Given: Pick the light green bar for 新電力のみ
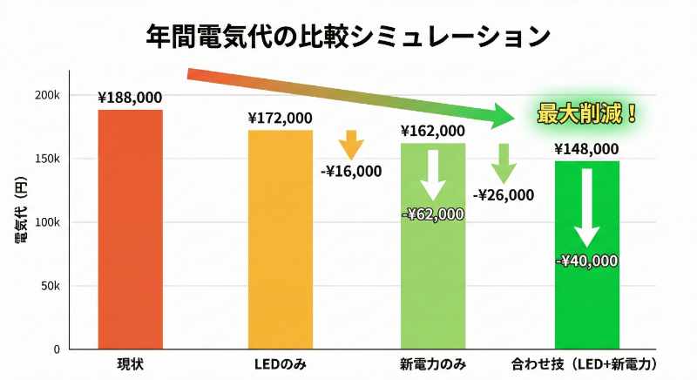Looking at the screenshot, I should click(433, 261).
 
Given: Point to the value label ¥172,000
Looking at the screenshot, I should click(280, 118).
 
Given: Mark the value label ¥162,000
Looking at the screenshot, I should click(433, 131).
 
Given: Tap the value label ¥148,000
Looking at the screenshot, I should click(586, 149).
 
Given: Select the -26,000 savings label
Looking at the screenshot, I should click(504, 195).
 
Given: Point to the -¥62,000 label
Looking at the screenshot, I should click(433, 214).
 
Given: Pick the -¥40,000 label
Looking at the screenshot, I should click(586, 260).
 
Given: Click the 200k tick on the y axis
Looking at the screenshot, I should click(47, 95).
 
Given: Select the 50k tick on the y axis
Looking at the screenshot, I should click(50, 286).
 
